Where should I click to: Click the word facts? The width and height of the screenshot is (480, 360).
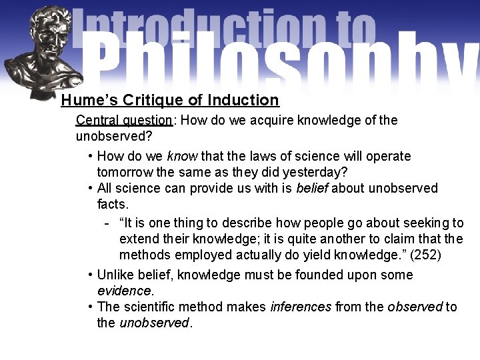tap(112, 204)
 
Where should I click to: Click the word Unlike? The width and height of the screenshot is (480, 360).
tap(117, 275)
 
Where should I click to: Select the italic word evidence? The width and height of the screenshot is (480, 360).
tap(125, 291)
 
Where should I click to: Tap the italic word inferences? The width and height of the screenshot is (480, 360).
tap(301, 307)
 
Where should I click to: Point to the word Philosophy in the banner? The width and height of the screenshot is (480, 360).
tap(280, 60)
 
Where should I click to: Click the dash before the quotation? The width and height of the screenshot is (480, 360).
tap(107, 223)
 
